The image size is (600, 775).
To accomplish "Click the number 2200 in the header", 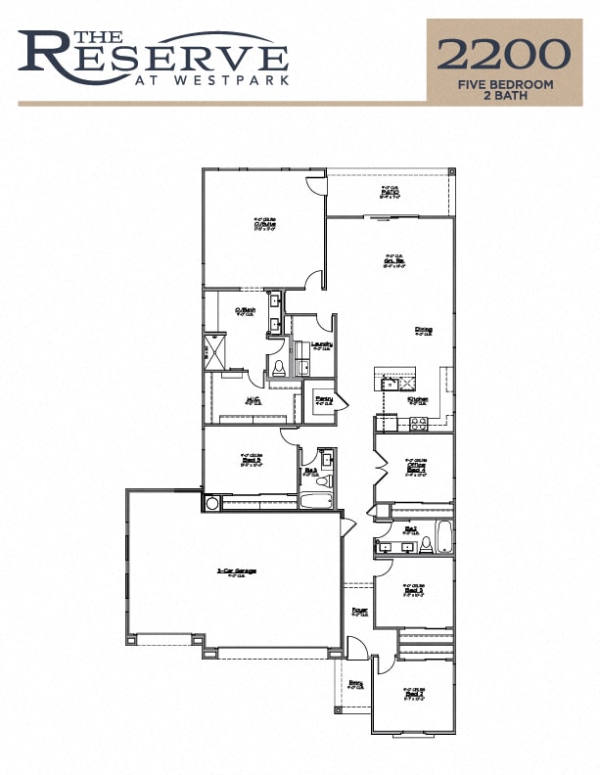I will tap(503, 53).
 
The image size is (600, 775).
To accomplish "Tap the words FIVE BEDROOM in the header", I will tap(504, 85).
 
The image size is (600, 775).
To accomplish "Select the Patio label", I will tap(389, 192).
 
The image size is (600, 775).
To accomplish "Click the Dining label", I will tap(423, 330).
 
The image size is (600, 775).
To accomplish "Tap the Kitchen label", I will tap(418, 399).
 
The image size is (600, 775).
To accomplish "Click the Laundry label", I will tap(322, 343).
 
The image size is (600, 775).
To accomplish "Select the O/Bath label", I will tap(245, 311).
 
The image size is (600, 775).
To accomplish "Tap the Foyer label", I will tap(359, 611).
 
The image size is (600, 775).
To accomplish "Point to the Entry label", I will tap(356, 683).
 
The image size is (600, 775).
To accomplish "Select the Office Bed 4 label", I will tap(416, 468).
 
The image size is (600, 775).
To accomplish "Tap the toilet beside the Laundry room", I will tap(279, 368).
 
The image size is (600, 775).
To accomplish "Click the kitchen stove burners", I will tap(417, 424).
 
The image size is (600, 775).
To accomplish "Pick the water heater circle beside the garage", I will tap(211, 503).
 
